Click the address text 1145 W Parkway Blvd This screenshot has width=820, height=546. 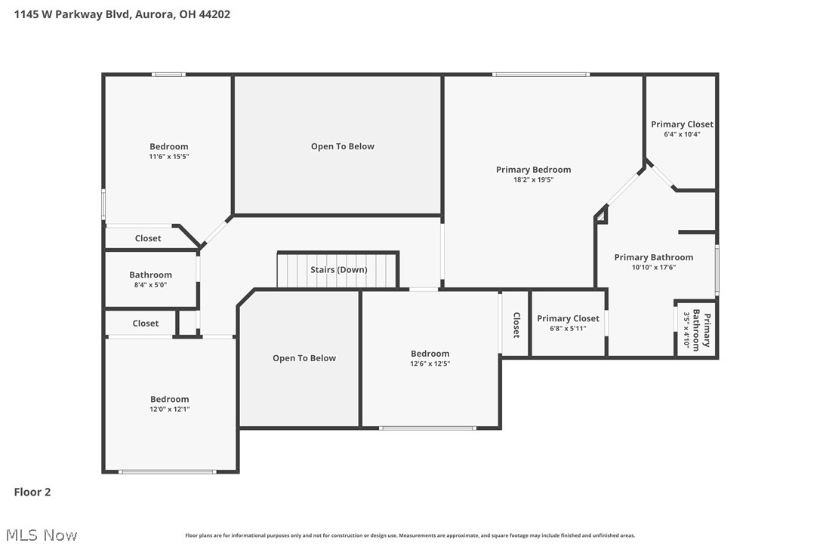72,14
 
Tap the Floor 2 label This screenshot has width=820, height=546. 32,492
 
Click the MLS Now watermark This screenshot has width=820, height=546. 42,535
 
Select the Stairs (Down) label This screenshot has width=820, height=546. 339,269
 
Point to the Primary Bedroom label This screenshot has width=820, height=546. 533,169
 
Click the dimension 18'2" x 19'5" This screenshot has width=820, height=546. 533,179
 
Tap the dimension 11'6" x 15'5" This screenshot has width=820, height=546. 169,156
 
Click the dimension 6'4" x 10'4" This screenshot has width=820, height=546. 682,134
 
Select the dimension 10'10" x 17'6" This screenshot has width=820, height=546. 654,268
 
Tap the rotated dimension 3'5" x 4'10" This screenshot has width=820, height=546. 686,330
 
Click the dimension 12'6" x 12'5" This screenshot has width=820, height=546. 430,363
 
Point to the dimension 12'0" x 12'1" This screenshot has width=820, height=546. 169,409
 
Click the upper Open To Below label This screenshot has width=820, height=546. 343,146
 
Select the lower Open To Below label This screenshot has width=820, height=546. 304,358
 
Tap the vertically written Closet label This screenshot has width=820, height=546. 516,325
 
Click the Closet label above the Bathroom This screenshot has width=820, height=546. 148,238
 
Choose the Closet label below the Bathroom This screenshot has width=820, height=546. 146,324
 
